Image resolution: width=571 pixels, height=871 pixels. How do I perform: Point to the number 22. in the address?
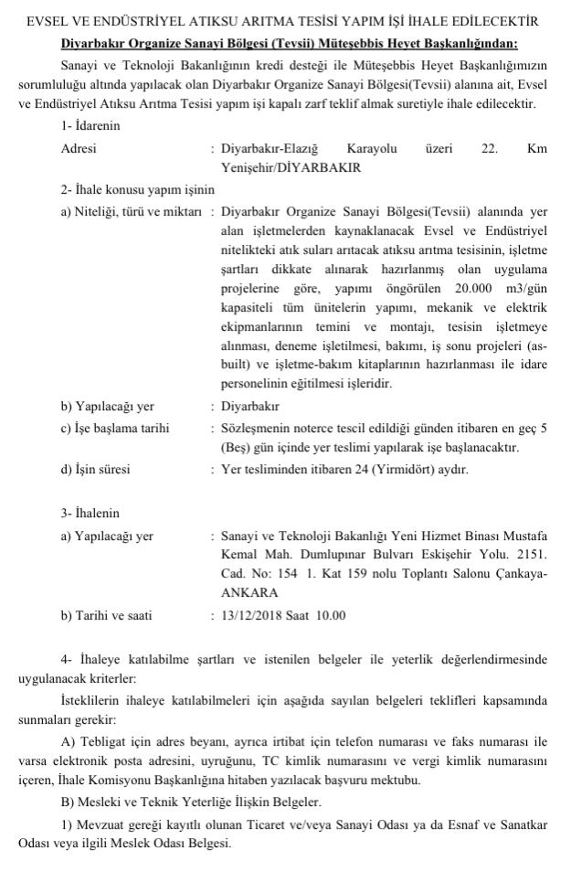point(489,148)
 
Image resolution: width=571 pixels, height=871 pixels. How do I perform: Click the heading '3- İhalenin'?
point(90,513)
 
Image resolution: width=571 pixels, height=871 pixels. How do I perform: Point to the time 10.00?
point(332,615)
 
